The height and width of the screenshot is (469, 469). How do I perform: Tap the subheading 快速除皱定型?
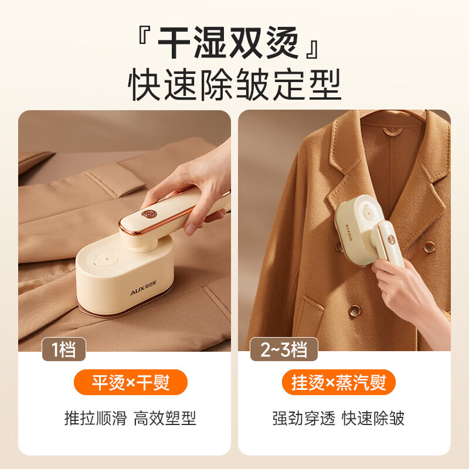tap(235, 86)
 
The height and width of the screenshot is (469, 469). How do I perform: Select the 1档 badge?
tap(64, 349)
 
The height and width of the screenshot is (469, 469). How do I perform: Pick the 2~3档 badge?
tap(284, 350)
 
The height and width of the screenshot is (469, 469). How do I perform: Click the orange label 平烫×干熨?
tap(131, 383)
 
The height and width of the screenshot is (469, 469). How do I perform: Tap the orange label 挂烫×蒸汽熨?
tap(339, 383)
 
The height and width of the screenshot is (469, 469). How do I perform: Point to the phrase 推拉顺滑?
tap(95, 418)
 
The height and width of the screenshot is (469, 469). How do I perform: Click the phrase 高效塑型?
tap(165, 418)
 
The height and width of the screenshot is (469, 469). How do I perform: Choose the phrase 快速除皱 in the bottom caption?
tap(373, 418)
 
